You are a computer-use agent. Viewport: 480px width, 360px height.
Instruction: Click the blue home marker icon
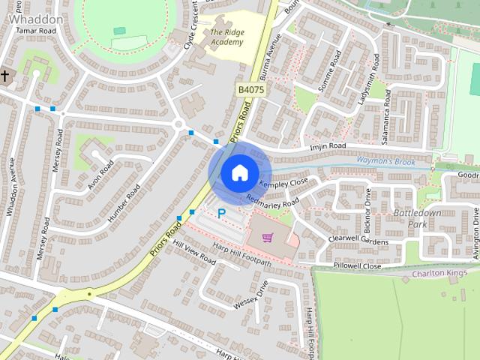pyautogui.click(x=239, y=172)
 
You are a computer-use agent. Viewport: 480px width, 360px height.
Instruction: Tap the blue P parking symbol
pyautogui.click(x=222, y=214)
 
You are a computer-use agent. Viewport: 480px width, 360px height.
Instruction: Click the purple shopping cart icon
pyautogui.click(x=268, y=238)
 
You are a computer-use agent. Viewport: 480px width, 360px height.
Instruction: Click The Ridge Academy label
pyautogui.click(x=227, y=37)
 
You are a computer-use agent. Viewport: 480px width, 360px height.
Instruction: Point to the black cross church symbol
pyautogui.click(x=5, y=75)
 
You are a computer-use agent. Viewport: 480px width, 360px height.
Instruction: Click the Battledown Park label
pyautogui.click(x=410, y=219)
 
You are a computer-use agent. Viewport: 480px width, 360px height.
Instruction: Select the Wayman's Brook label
pyautogui.click(x=385, y=161)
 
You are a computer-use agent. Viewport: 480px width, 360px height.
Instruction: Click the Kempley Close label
pyautogui.click(x=283, y=183)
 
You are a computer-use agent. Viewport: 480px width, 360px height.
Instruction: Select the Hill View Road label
pyautogui.click(x=194, y=253)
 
